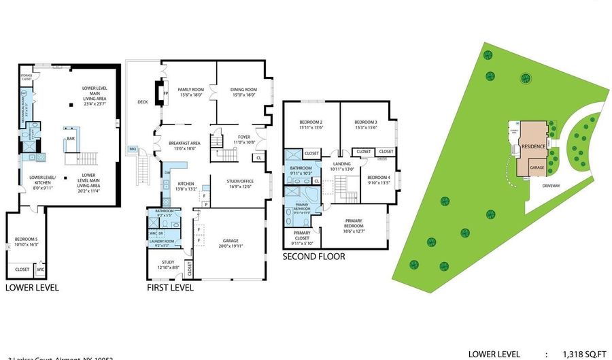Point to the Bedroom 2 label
[x=309, y=122]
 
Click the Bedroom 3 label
[x=366, y=122]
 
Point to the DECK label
[x=143, y=102]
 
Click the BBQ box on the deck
[x=132, y=148]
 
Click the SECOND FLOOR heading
[x=314, y=257]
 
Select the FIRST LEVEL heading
[x=170, y=288]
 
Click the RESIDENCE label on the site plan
[x=532, y=146]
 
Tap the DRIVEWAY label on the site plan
[x=551, y=185]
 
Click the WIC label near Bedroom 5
[x=40, y=269]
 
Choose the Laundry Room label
[x=163, y=241]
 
